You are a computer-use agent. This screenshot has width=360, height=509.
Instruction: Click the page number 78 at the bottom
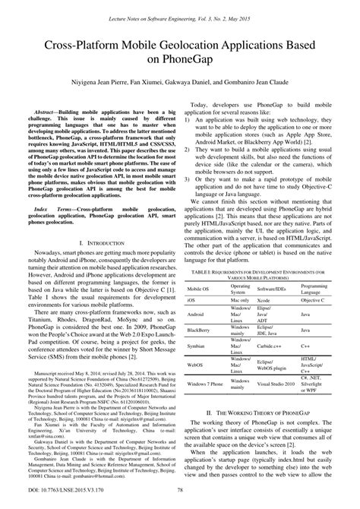tap(179, 499)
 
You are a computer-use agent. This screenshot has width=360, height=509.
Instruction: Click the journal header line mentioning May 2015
tap(180, 7)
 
